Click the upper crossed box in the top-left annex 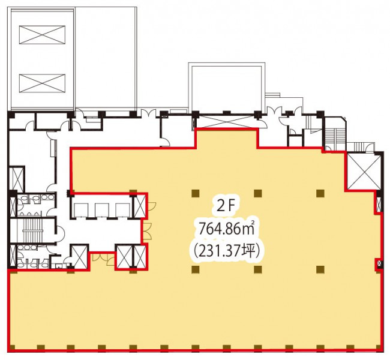coord(42,35)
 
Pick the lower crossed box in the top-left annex coord(42,83)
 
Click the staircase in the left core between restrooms coord(33,230)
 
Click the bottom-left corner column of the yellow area coord(12,347)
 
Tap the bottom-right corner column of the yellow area coord(377,347)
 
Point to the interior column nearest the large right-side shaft coord(320,193)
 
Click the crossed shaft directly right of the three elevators coord(140,206)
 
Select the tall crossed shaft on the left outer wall coord(17,179)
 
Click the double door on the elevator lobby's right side coord(147,232)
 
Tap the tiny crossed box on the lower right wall coord(379,263)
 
